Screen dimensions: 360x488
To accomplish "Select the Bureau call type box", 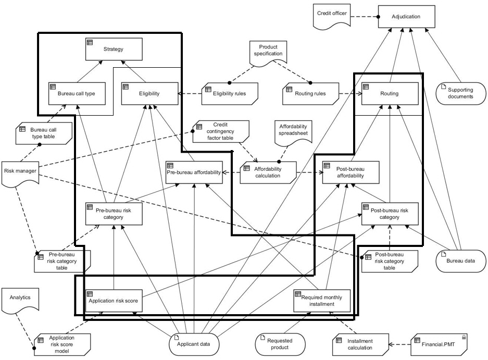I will coord(71,93).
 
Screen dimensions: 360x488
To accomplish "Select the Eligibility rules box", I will coord(230,93).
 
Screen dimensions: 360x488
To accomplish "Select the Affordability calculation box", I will coord(268,172).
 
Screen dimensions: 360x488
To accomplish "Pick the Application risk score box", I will coord(114,301).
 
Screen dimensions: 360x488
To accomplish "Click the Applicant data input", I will coord(193,344).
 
